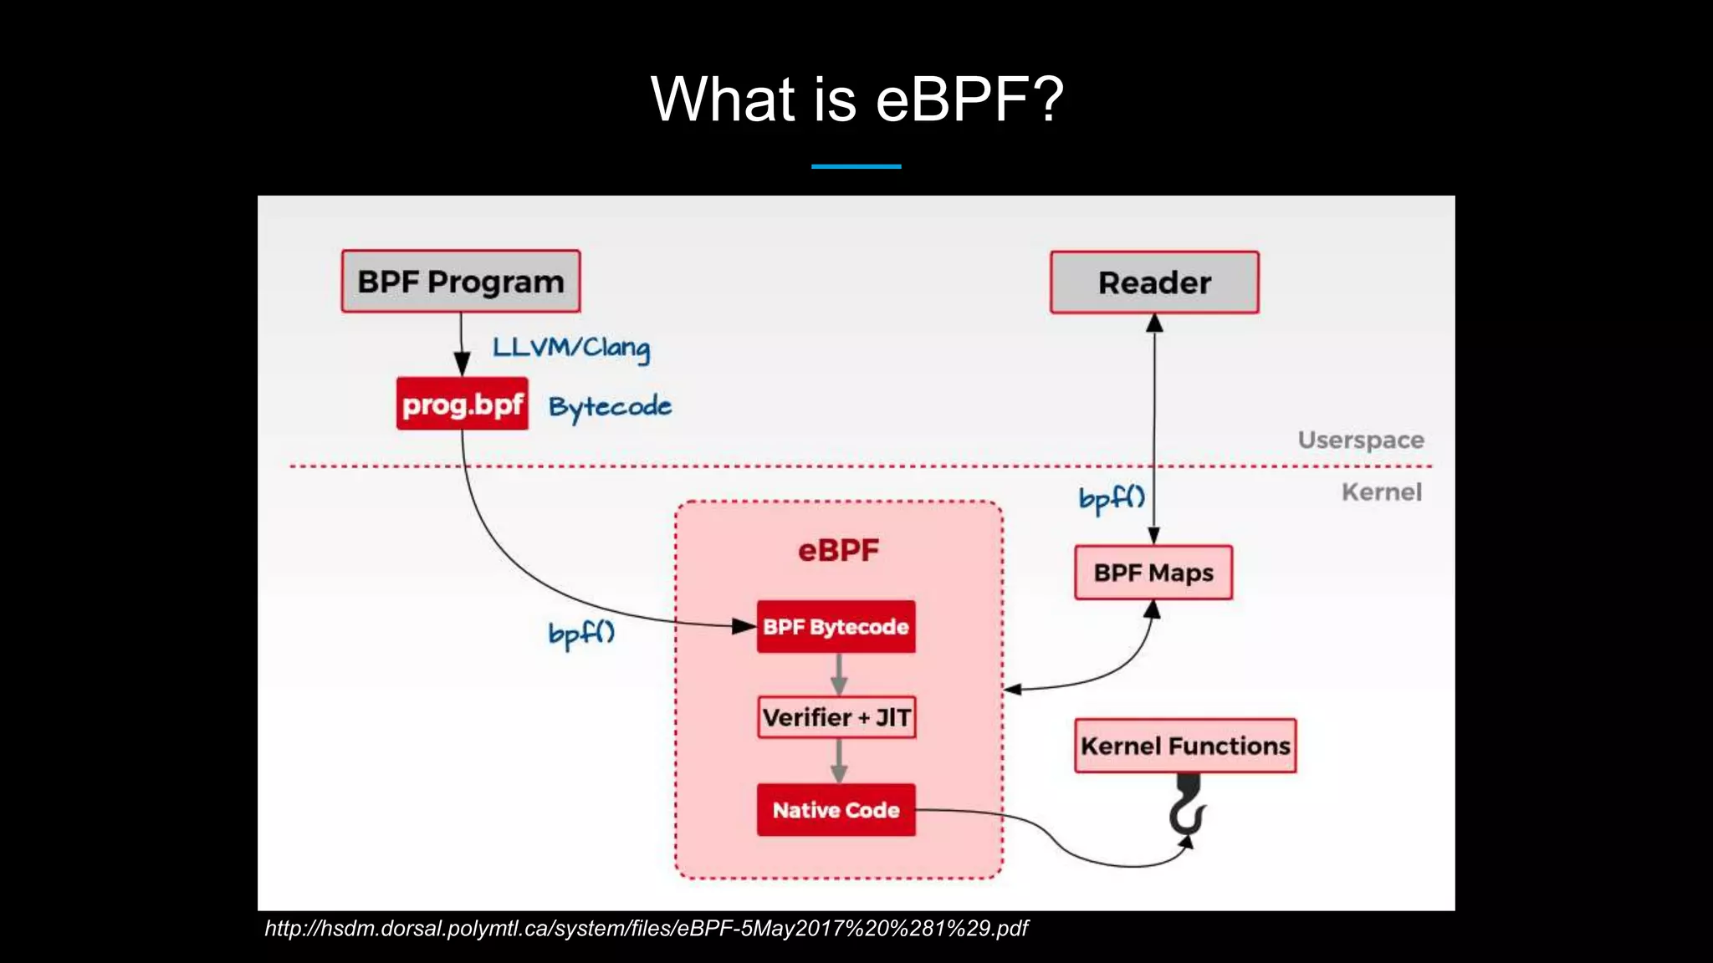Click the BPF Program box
coord(460,282)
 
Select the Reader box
coord(1154,283)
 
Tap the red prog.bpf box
coord(462,404)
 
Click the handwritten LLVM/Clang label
coord(570,347)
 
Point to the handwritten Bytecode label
coord(610,407)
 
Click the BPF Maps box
coord(1153,573)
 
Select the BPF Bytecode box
coord(836,627)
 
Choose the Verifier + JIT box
coord(836,717)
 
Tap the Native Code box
coord(836,810)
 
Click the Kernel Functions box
coord(1185,746)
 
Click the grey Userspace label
coord(1361,440)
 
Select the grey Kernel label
coord(1382,492)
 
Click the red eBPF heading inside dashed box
coord(838,550)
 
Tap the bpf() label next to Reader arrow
coord(1111,499)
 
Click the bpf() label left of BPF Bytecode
coord(581,634)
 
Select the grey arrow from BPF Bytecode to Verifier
coord(839,674)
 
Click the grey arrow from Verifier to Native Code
coord(839,761)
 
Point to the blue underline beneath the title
coord(856,166)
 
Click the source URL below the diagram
coord(646,929)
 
